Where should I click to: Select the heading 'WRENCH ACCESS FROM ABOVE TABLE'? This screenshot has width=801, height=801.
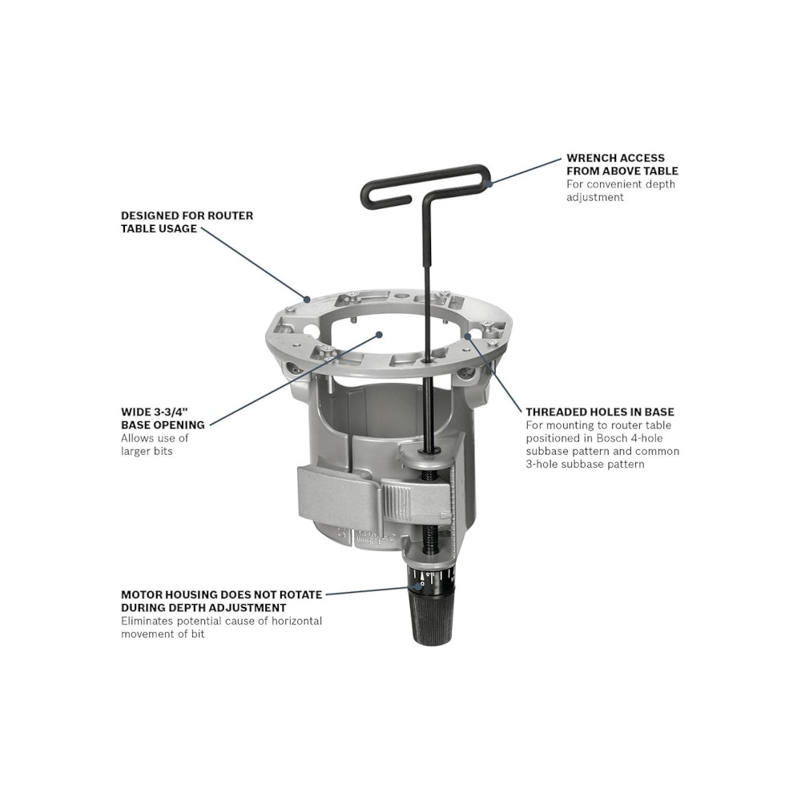pyautogui.click(x=622, y=164)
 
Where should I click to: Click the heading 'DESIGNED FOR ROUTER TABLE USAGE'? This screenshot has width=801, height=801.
pyautogui.click(x=187, y=222)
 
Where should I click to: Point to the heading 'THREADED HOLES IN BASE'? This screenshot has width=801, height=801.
pyautogui.click(x=600, y=412)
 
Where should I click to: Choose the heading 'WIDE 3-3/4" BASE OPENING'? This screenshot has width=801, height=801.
pyautogui.click(x=163, y=418)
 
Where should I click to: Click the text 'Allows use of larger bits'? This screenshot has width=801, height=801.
pyautogui.click(x=155, y=445)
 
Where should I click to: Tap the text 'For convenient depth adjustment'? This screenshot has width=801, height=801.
pyautogui.click(x=620, y=191)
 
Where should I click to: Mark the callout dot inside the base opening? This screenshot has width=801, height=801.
pyautogui.click(x=379, y=335)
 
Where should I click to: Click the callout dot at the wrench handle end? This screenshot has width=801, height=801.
pyautogui.click(x=489, y=183)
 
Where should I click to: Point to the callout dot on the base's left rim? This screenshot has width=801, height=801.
pyautogui.click(x=307, y=299)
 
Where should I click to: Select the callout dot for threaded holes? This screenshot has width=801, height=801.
pyautogui.click(x=468, y=336)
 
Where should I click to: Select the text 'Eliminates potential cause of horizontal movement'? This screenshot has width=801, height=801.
pyautogui.click(x=222, y=627)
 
